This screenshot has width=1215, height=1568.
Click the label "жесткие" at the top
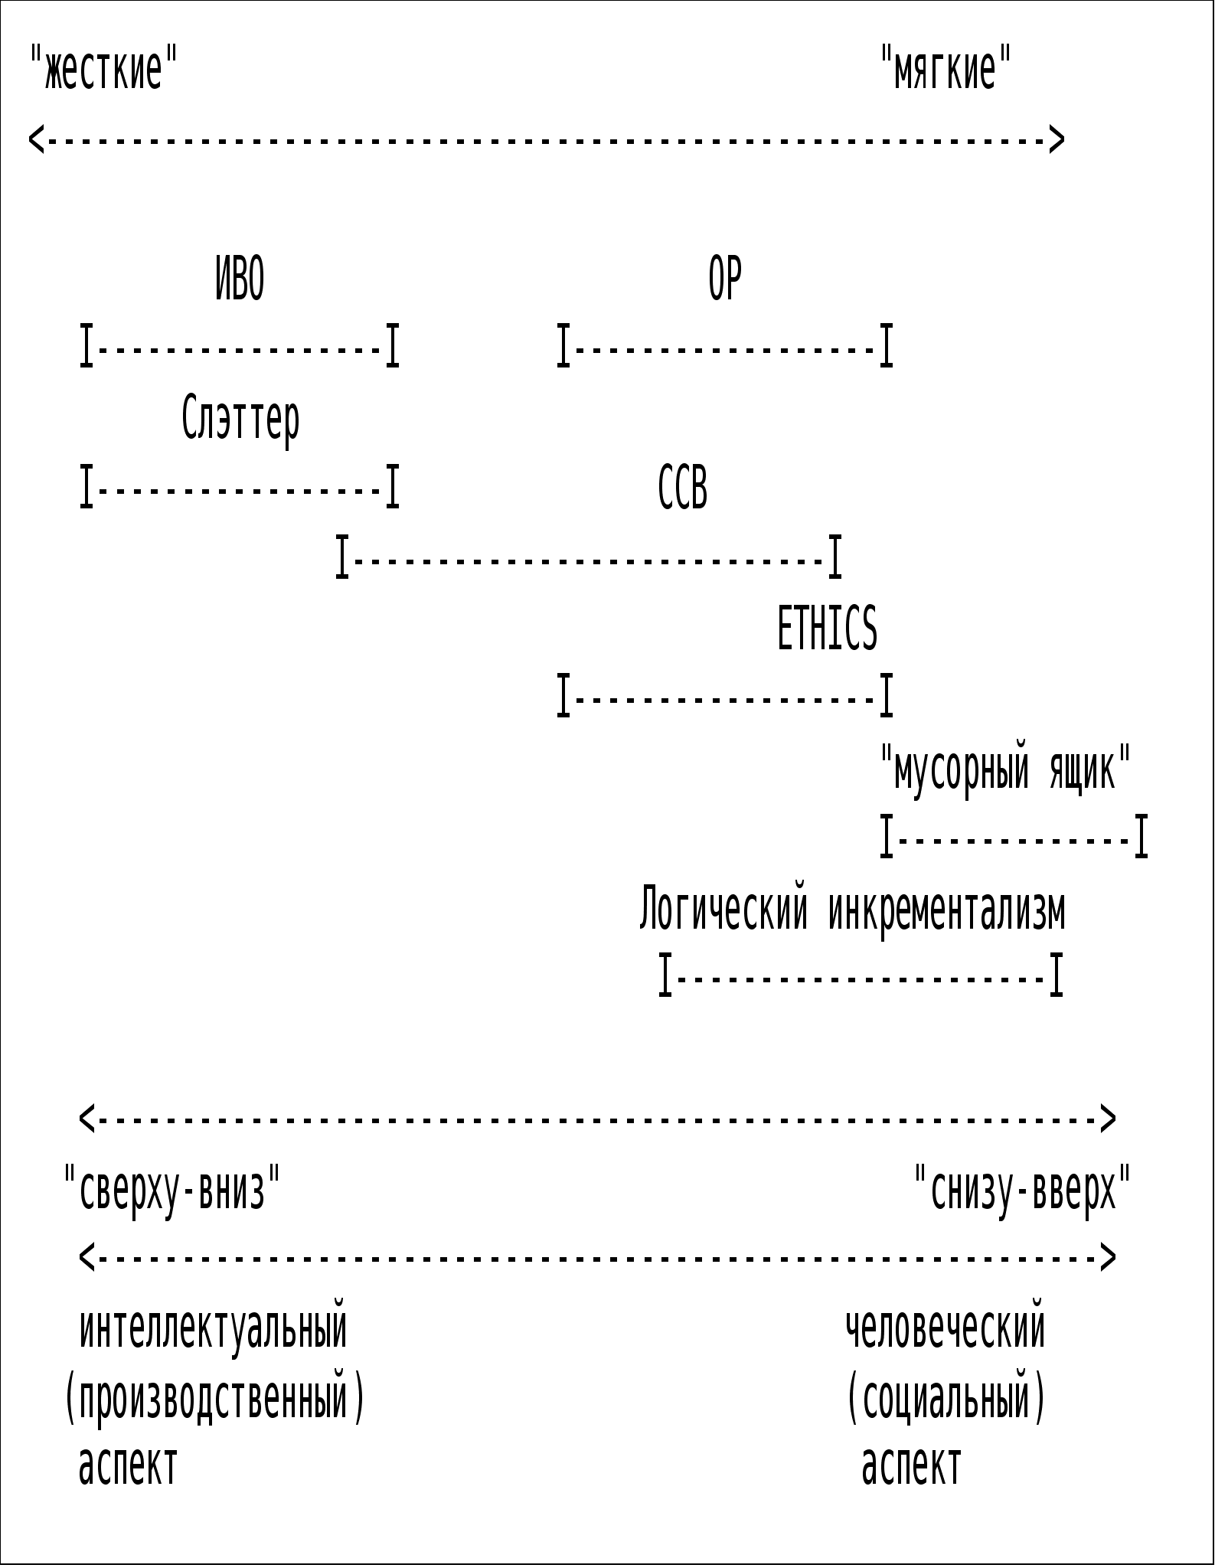[x=103, y=67]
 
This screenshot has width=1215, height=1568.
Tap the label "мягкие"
[x=946, y=67]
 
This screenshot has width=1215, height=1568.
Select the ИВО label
[x=240, y=279]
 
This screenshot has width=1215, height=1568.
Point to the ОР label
[x=724, y=279]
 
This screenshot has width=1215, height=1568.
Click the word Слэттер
[x=240, y=420]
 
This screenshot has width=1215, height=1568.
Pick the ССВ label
[x=683, y=488]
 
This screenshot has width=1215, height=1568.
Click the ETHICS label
[x=827, y=628]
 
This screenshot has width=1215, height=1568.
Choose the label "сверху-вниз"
[x=172, y=1189]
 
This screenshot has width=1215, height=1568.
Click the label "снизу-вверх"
[x=1023, y=1189]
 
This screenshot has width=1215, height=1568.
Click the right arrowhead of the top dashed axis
[x=1057, y=139]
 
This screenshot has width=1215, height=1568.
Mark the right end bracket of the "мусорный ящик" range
[x=1141, y=837]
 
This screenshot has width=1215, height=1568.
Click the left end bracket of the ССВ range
[x=342, y=557]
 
